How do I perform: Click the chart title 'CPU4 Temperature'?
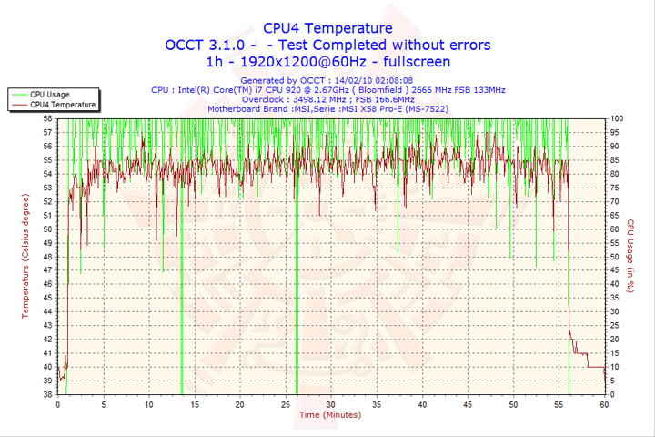[x=327, y=28]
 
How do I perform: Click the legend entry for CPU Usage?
[x=49, y=94]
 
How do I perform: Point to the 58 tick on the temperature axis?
[x=47, y=117]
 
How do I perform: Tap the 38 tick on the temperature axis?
[x=47, y=394]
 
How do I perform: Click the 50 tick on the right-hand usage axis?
[x=616, y=256]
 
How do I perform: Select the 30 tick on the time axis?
[x=331, y=404]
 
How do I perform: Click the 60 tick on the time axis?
[x=604, y=404]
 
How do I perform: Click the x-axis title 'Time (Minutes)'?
[x=329, y=415]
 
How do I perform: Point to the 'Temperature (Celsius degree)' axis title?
[x=25, y=256]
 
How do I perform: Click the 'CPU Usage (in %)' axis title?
[x=630, y=256]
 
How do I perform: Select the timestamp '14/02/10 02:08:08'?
[x=372, y=80]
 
